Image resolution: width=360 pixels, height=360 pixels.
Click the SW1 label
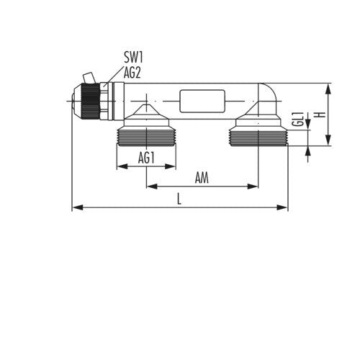coord(133,57)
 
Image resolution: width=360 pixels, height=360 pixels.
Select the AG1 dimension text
coord(146,158)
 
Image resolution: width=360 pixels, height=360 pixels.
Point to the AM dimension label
coord(202,178)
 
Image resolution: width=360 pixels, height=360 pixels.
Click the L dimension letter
coord(179,199)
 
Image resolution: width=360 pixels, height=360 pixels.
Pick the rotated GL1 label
coord(298,119)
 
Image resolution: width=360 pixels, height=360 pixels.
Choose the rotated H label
coord(320,114)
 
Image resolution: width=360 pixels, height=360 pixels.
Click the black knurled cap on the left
coord(90,101)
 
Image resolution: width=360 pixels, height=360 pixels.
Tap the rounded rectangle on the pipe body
coord(202,101)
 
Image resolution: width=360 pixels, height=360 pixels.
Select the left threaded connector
coord(146,138)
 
